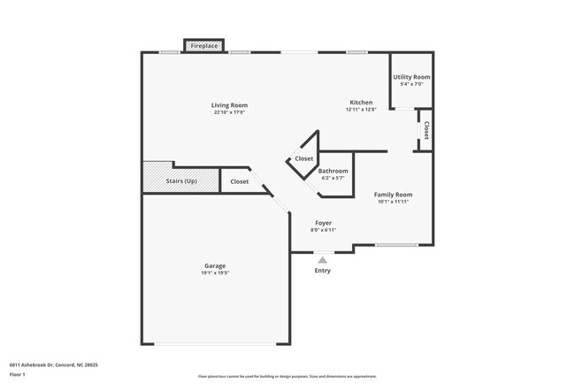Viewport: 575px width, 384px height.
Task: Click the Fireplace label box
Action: click(x=203, y=45)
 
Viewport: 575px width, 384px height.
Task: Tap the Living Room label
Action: click(x=229, y=105)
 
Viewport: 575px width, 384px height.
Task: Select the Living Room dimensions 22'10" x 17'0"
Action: click(x=229, y=112)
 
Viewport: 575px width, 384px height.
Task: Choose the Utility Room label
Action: click(x=411, y=77)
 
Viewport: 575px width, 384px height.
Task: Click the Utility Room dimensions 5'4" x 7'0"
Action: click(x=411, y=84)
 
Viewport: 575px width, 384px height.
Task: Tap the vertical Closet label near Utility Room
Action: click(x=426, y=131)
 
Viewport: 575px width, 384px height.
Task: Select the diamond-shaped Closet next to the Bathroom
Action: click(x=303, y=158)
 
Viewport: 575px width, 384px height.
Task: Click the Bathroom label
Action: click(x=333, y=171)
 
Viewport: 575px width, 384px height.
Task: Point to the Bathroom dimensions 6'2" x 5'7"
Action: click(x=333, y=178)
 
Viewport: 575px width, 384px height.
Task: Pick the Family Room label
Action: click(x=393, y=194)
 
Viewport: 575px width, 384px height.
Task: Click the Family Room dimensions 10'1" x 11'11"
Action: click(x=393, y=202)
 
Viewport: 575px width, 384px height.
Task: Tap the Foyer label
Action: click(x=323, y=222)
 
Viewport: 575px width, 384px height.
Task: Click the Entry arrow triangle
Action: click(x=323, y=259)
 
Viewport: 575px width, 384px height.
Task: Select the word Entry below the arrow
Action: click(x=323, y=270)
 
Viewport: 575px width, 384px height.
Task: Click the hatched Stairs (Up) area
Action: click(x=180, y=180)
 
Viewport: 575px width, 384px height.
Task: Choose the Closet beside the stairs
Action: click(x=239, y=181)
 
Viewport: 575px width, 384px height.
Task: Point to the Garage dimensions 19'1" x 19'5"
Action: click(x=215, y=273)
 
